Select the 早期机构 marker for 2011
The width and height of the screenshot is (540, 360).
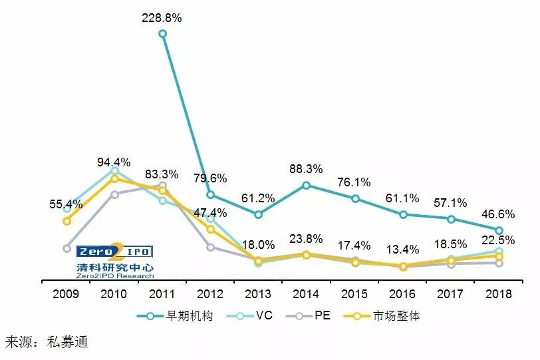(x=162, y=33)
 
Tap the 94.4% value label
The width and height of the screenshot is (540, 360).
(x=114, y=162)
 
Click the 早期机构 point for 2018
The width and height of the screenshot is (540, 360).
(x=499, y=230)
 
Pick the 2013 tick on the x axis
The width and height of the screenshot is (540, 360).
(x=258, y=293)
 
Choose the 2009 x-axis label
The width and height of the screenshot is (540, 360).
(x=66, y=293)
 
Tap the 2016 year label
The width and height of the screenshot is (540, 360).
(x=402, y=293)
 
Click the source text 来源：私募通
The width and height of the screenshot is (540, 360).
(x=47, y=343)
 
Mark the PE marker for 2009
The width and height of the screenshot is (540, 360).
(x=67, y=248)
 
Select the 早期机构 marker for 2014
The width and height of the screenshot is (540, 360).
(x=306, y=185)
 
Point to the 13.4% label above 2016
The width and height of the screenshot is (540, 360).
(x=403, y=250)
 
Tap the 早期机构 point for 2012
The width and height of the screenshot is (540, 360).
(x=210, y=195)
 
